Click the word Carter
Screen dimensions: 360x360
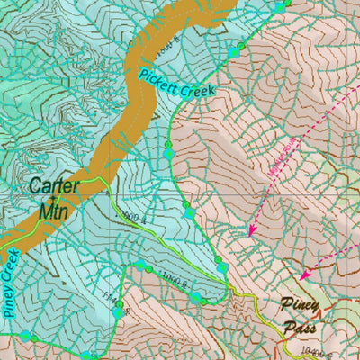coord(54,187)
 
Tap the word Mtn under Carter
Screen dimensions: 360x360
coord(54,211)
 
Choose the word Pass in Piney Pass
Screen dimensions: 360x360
coord(301,327)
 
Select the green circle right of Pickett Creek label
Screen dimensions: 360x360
coord(240,47)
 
